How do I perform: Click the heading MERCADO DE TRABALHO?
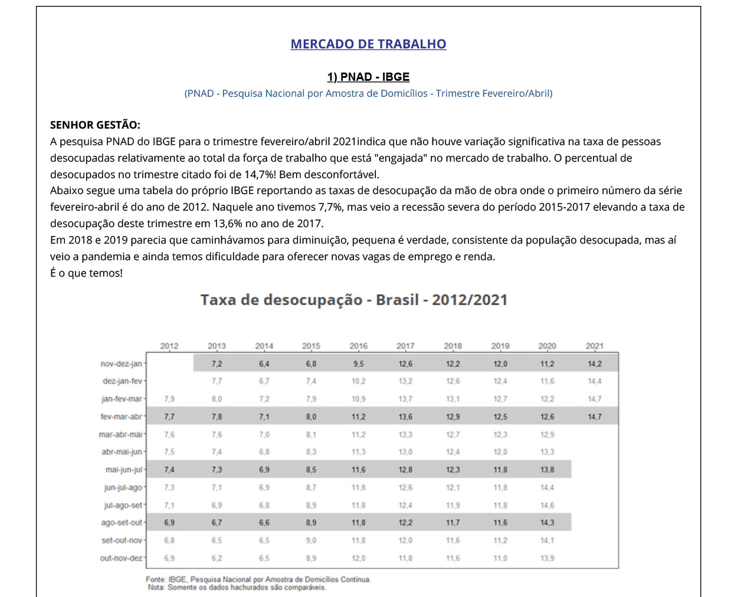[x=368, y=44]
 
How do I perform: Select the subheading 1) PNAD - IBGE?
[x=368, y=77]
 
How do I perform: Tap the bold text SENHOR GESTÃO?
[x=95, y=125]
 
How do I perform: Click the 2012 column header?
[x=169, y=346]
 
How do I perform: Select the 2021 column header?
[x=594, y=346]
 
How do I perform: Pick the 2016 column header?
[x=358, y=346]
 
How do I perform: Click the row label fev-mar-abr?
[x=122, y=416]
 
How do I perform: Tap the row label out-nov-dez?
[x=121, y=558]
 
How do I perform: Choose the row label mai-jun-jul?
[x=124, y=470]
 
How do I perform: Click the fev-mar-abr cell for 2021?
[x=594, y=416]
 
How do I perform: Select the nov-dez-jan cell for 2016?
[x=358, y=364]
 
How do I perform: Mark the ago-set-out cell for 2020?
[x=547, y=523]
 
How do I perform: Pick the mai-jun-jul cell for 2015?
[x=311, y=470]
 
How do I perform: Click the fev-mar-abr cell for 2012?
[x=169, y=416]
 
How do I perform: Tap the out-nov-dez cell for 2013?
[x=217, y=558]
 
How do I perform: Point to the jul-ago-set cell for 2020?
[x=547, y=505]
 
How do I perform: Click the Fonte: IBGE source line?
[x=258, y=579]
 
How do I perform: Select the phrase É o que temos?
[x=86, y=274]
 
